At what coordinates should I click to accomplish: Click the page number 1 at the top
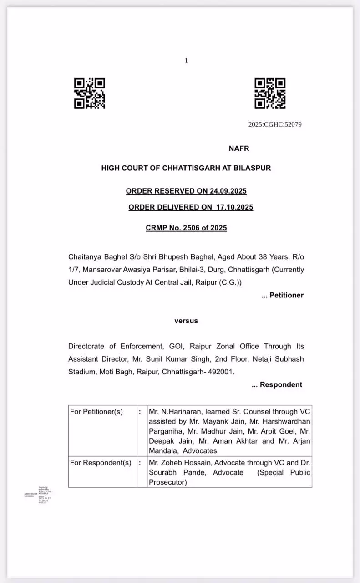(x=186, y=61)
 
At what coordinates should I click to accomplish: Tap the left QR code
(x=90, y=93)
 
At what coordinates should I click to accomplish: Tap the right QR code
(x=270, y=93)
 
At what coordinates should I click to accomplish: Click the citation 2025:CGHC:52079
(x=275, y=124)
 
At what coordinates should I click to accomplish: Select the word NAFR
(x=238, y=148)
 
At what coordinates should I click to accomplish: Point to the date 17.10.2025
(x=235, y=207)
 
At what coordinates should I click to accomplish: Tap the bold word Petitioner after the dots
(x=286, y=295)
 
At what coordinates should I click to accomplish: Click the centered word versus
(x=186, y=321)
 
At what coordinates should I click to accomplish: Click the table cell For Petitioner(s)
(x=96, y=412)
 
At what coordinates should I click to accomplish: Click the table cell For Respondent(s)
(x=101, y=463)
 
